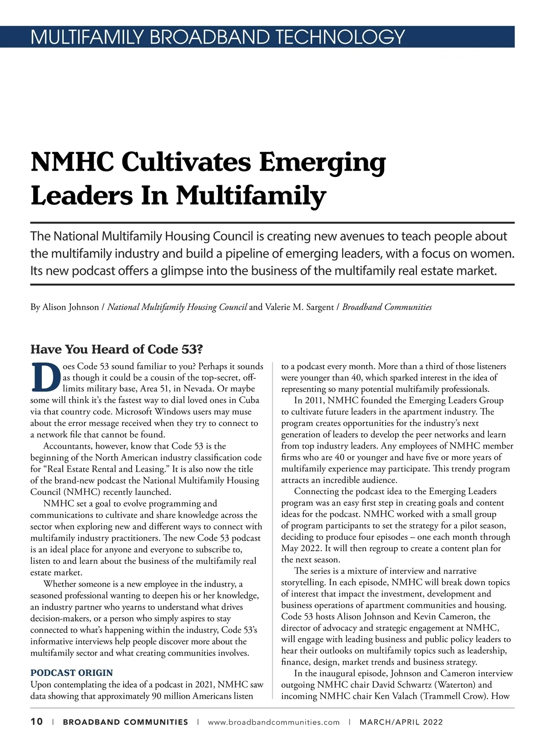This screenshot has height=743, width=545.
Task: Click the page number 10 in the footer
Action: tap(37, 722)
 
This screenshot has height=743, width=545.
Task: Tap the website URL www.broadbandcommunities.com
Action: tap(273, 722)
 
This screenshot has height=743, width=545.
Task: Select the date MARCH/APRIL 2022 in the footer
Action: tap(401, 722)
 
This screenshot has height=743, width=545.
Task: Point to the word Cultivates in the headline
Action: tap(186, 162)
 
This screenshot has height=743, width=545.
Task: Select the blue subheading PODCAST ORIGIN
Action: tap(72, 673)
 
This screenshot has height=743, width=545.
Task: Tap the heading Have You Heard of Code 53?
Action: tap(117, 349)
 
